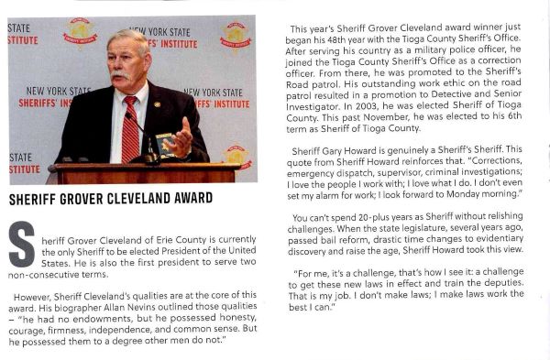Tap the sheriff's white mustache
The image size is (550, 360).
point(120,74)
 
